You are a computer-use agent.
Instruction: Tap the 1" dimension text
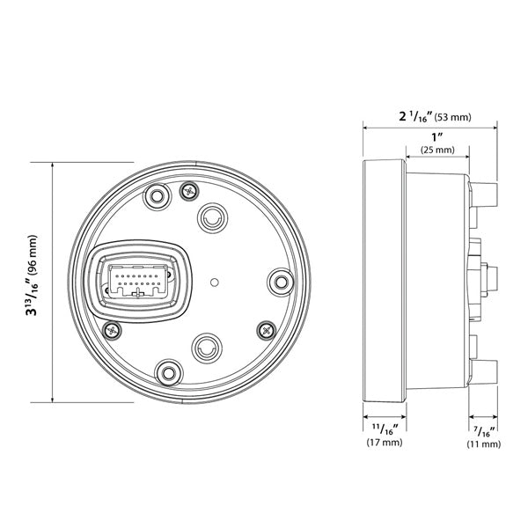(436, 136)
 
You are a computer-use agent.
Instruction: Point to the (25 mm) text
(436, 150)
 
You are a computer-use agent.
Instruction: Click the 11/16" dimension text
(384, 429)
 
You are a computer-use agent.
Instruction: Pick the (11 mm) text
(483, 444)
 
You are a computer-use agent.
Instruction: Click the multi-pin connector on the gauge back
(141, 281)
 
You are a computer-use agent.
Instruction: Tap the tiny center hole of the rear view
(214, 282)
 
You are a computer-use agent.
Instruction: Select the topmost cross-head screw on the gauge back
(187, 191)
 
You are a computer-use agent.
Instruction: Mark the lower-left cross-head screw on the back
(111, 329)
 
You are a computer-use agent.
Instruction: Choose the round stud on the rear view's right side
(280, 281)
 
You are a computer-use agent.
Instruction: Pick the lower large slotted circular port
(205, 349)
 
